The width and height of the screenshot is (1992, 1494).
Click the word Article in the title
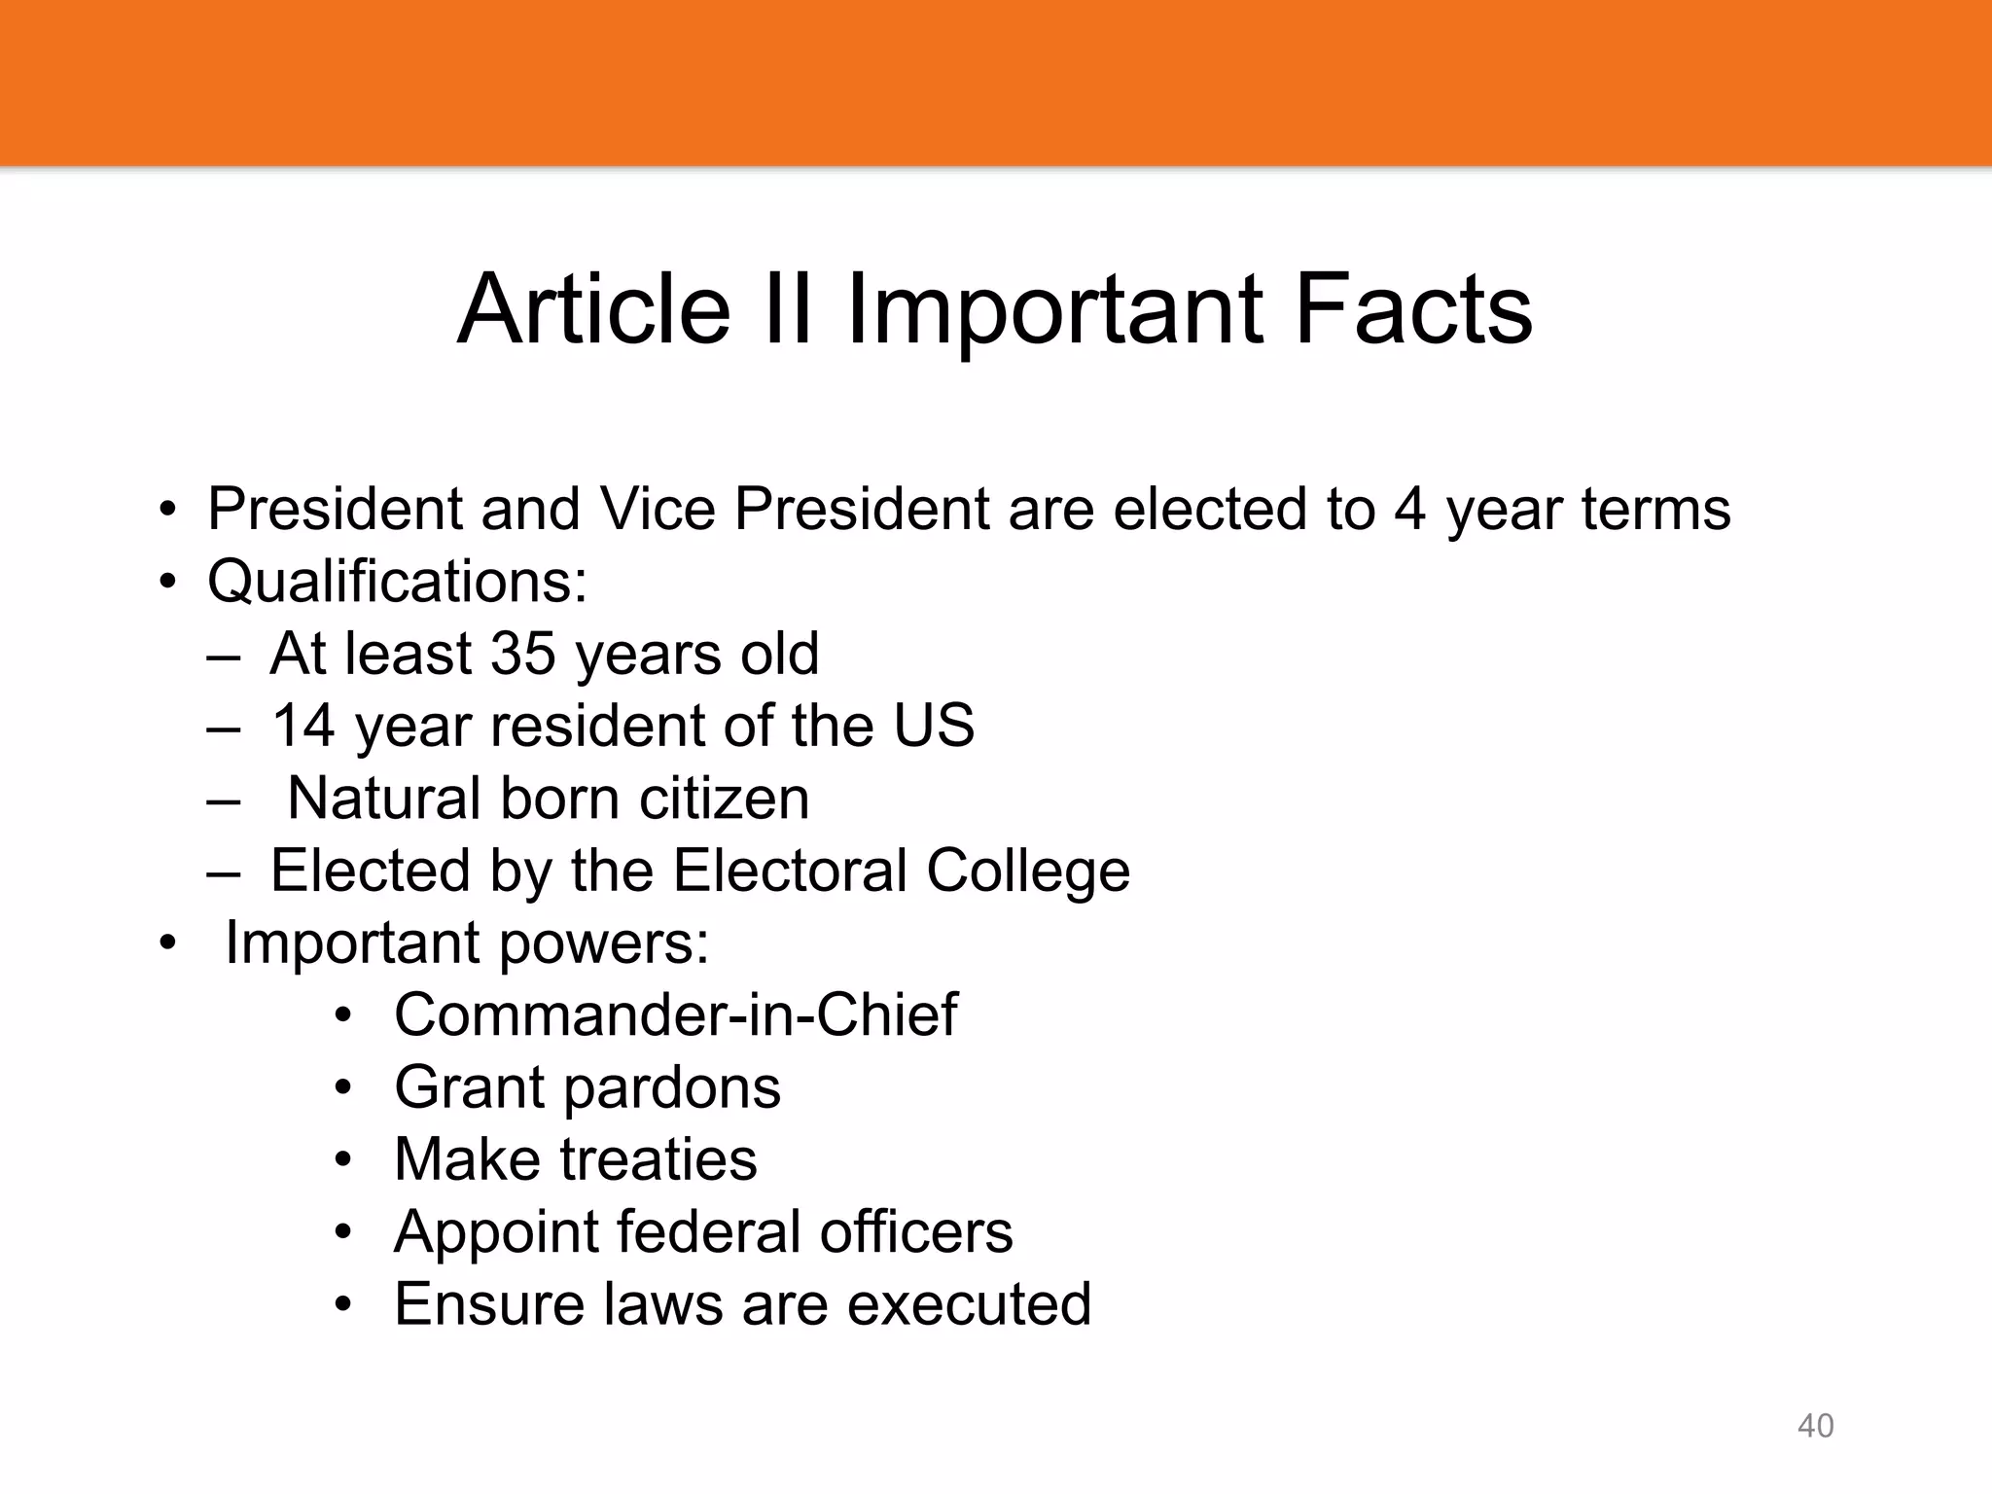(593, 309)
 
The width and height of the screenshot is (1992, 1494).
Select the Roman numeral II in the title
(787, 309)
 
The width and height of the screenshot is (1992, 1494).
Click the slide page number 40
(1815, 1426)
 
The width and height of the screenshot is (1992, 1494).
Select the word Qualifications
(397, 582)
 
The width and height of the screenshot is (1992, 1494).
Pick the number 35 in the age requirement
(523, 653)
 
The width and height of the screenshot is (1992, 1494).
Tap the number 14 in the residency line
(303, 726)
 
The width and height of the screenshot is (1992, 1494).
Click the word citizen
(724, 798)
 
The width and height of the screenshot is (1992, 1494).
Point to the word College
(1028, 871)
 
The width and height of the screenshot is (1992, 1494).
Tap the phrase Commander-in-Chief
(676, 1014)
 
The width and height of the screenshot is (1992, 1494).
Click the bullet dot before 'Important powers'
(169, 943)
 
